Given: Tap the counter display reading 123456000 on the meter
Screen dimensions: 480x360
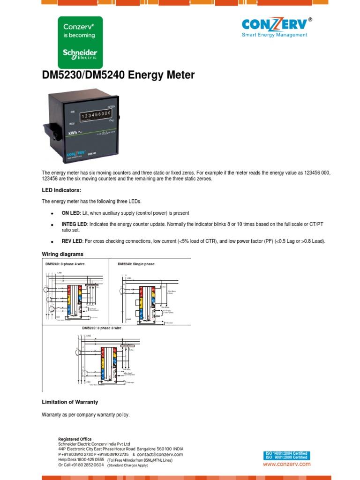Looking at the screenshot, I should tap(96, 115).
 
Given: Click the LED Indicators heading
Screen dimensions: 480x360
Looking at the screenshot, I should tap(61, 190).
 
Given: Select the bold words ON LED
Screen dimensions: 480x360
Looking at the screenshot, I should tap(71, 213).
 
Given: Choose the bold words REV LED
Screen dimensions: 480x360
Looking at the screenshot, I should tap(72, 241).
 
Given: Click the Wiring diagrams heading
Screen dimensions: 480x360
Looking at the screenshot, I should tap(63, 254).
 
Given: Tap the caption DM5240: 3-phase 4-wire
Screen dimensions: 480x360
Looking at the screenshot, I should tap(65, 264).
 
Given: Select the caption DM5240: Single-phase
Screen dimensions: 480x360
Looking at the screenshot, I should tap(136, 264).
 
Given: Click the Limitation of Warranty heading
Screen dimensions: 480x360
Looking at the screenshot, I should tap(70, 402).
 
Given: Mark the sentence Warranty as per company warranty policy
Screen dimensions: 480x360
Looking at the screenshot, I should tap(85, 415).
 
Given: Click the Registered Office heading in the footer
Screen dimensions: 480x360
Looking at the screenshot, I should tap(75, 439).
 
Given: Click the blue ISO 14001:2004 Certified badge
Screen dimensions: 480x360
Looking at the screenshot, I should tap(286, 454).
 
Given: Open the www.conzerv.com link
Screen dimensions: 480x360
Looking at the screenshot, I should tap(286, 464).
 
